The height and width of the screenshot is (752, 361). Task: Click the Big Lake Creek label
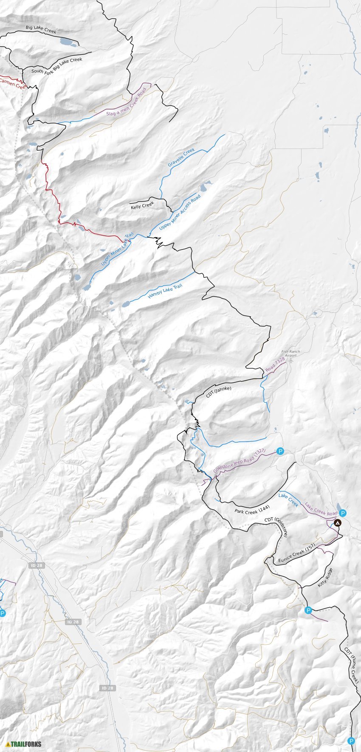coord(41,29)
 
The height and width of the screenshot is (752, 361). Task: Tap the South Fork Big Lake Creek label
coord(56,66)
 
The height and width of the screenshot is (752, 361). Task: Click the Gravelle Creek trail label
coord(181,157)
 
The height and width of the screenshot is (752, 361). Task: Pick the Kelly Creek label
coord(142,206)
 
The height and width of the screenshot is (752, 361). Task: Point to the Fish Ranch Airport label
coord(290,354)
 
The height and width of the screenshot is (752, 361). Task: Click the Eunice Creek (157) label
coord(296,554)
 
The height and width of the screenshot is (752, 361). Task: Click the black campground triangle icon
coord(337,523)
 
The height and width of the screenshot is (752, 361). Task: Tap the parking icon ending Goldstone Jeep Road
coord(280,451)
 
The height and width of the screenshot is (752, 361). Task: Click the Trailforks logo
coord(24,744)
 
